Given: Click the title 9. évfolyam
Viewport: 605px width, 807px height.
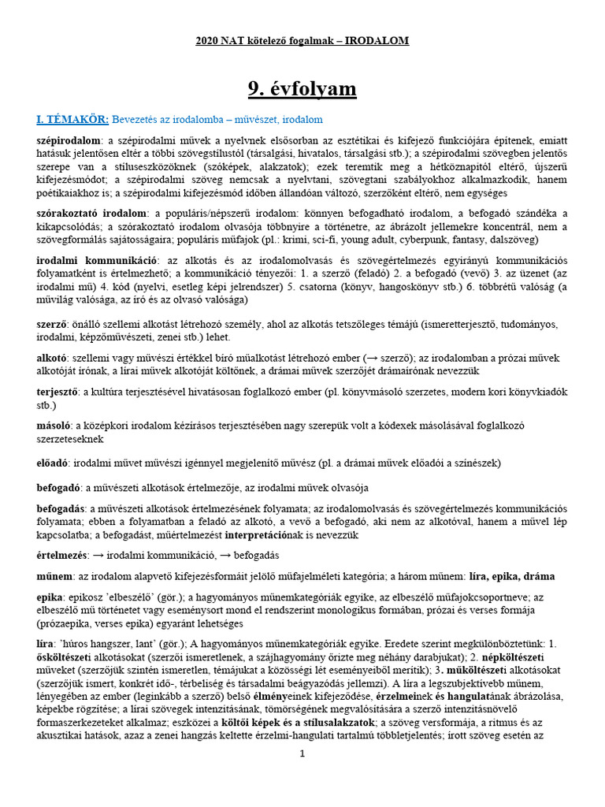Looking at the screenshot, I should point(302,89).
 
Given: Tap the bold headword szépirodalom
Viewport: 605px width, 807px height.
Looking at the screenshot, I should point(71,139).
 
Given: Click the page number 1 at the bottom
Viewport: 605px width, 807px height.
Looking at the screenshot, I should point(302,754).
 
